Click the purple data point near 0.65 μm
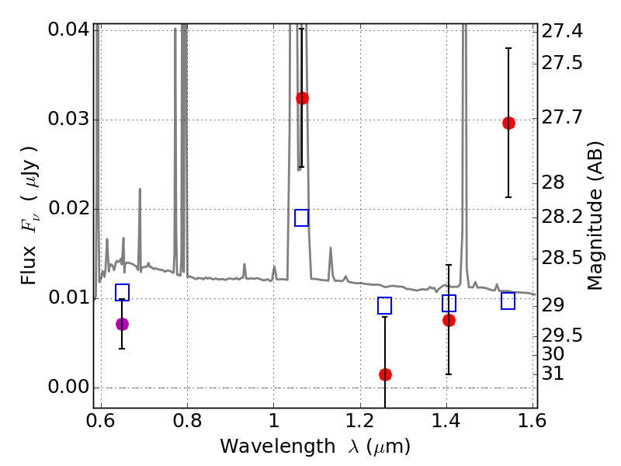[x=122, y=324]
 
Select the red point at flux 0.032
[x=302, y=98]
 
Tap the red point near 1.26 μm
[x=385, y=374]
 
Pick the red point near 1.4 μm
[x=449, y=320]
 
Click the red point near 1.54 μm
[x=508, y=123]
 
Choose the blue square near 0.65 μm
[x=122, y=293]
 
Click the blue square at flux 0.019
[x=302, y=217]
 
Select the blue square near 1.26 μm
[x=385, y=306]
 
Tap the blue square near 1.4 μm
[x=449, y=303]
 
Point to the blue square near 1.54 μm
[x=508, y=301]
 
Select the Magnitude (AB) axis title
[x=595, y=215]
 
